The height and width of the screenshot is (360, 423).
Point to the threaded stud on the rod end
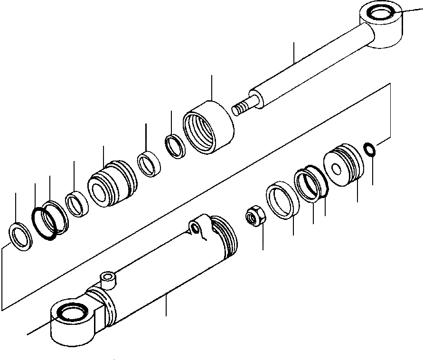(243, 105)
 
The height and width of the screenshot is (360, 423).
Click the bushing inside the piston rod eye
(381, 14)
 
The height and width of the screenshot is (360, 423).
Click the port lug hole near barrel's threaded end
(196, 229)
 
